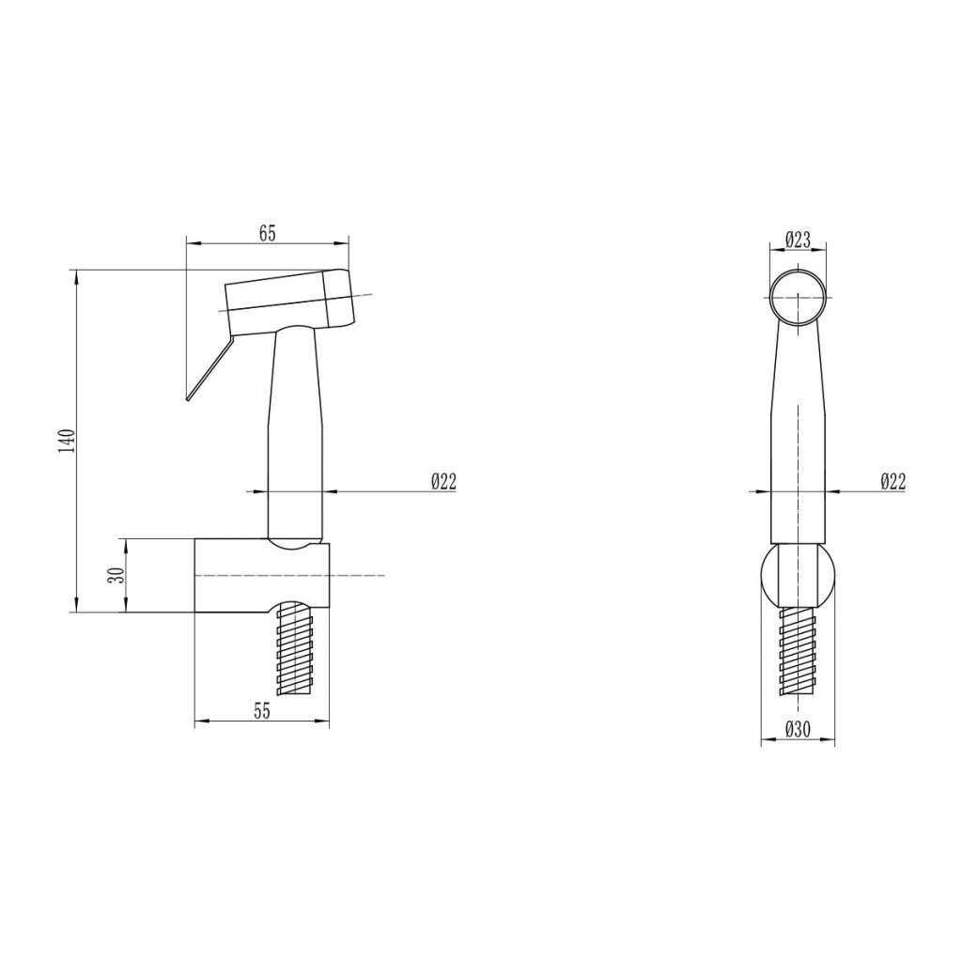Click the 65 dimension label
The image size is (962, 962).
(x=268, y=234)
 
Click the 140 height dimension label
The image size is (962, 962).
(x=67, y=441)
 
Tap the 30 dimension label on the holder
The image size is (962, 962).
(x=116, y=575)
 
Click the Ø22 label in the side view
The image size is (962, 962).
(x=444, y=482)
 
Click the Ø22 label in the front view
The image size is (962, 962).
(x=892, y=482)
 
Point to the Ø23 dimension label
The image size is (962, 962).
(x=798, y=240)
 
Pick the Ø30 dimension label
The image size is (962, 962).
(x=798, y=729)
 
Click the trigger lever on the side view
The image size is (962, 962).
(x=209, y=368)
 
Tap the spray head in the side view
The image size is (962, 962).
(x=289, y=303)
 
